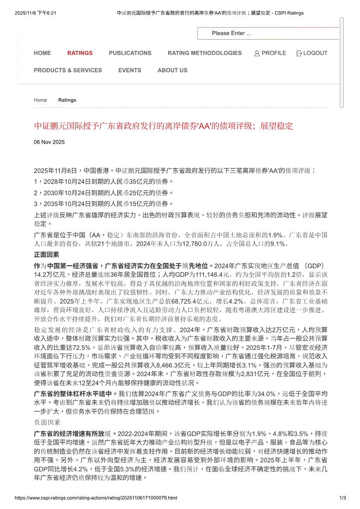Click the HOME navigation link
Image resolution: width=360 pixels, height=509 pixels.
[x=42, y=53]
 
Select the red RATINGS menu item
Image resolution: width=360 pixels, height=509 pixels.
[x=80, y=53]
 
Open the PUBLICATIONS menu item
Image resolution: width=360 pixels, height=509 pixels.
[x=130, y=53]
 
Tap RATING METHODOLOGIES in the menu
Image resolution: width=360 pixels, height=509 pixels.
[x=204, y=53]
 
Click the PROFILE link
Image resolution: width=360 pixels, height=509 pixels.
[x=274, y=53]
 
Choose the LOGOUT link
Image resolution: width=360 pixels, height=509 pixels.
[x=315, y=53]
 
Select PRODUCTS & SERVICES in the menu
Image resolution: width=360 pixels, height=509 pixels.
[x=68, y=70]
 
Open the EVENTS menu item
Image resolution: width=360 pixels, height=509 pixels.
[x=129, y=70]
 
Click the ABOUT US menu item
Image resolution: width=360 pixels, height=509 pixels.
[x=172, y=70]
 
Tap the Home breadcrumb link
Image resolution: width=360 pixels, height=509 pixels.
[x=40, y=100]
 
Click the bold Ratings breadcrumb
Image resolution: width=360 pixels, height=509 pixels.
[x=67, y=100]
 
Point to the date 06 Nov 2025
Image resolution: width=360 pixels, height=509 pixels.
[x=49, y=142]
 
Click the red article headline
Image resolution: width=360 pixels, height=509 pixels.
[x=163, y=126]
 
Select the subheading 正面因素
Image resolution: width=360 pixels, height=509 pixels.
[x=47, y=255]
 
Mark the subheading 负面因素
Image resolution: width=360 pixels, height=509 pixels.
[x=47, y=422]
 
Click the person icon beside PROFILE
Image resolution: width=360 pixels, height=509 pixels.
[x=257, y=54]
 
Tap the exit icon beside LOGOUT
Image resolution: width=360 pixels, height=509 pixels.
[x=299, y=54]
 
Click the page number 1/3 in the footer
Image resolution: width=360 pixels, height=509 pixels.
[x=342, y=498]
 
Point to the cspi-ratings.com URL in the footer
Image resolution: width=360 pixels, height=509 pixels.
[x=96, y=498]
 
